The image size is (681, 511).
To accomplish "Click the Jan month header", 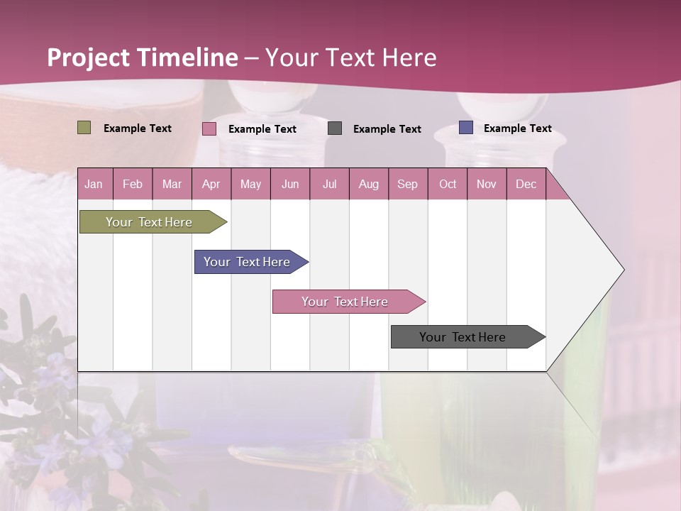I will pos(94,184).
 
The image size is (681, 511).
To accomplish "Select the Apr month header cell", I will pos(211,184).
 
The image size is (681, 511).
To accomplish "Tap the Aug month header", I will pos(368,184).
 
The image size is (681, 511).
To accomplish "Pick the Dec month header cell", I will pos(526,184).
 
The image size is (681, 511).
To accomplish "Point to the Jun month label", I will pos(290,184).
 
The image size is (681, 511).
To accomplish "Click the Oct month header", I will pos(448,184).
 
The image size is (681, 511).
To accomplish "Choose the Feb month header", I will pos(133,184).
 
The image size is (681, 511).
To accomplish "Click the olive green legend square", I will pos(84,128).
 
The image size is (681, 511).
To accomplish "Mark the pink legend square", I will pos(209,128).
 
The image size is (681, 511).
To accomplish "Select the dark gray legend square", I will pos(335,128).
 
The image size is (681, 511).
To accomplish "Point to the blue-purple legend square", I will pos(465,128).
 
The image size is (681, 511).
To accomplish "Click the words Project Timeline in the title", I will pos(142,57).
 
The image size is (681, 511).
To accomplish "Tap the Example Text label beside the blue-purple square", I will pos(517,128).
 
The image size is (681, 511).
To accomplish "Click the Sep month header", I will pos(407,184).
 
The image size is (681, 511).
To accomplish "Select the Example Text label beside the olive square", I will pos(138,128).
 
